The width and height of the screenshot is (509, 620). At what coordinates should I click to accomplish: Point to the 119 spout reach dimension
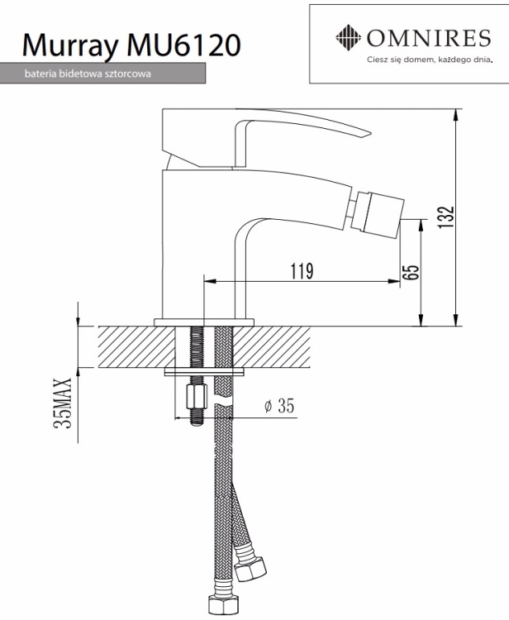(x=302, y=271)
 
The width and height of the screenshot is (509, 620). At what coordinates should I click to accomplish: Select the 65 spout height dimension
(x=412, y=272)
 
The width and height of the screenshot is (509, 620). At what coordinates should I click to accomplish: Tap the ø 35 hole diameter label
(x=279, y=406)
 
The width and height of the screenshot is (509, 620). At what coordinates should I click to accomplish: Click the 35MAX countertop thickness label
(x=63, y=403)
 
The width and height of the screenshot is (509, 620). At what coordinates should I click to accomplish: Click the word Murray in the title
(x=70, y=45)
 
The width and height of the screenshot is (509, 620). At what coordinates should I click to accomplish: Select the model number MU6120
(x=183, y=45)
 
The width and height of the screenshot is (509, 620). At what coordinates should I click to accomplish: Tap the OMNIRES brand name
(x=429, y=38)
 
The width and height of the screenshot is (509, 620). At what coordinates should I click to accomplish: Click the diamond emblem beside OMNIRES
(x=348, y=37)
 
